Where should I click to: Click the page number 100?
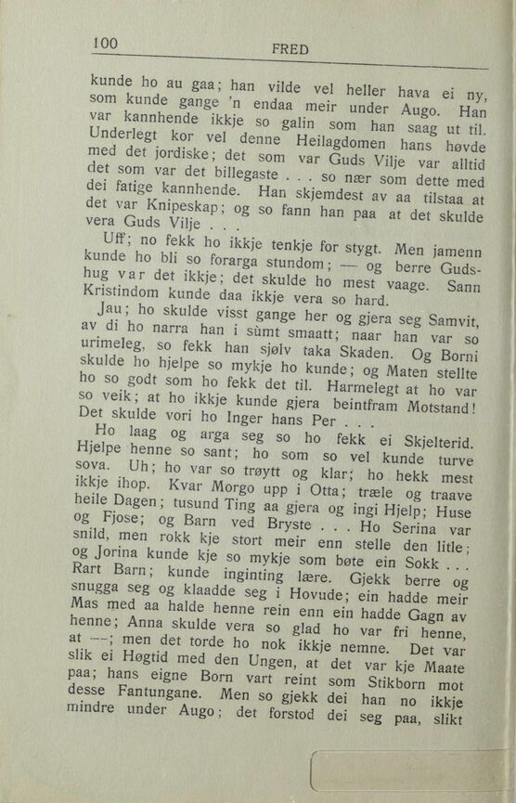coord(107,42)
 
